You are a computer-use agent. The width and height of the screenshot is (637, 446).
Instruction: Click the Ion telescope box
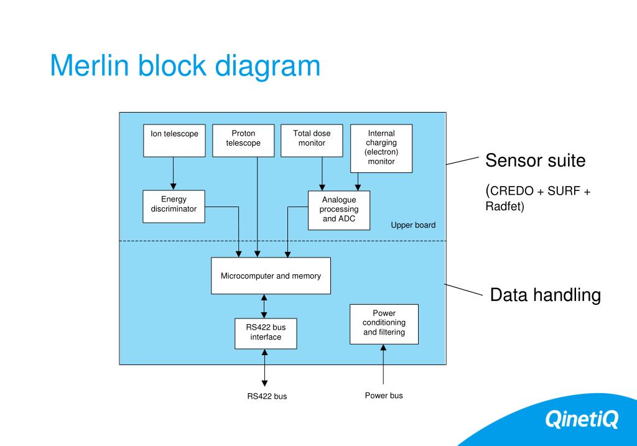pyautogui.click(x=174, y=141)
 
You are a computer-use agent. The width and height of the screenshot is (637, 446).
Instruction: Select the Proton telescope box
pyautogui.click(x=243, y=141)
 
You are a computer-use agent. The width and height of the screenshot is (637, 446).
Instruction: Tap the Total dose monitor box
pyautogui.click(x=312, y=141)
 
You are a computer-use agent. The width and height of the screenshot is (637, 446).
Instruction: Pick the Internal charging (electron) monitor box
pyautogui.click(x=381, y=149)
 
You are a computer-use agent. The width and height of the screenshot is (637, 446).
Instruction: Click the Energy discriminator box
pyautogui.click(x=174, y=207)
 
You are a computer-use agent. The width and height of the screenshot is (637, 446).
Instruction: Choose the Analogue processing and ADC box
pyautogui.click(x=339, y=210)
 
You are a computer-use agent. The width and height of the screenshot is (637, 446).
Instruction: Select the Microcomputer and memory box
pyautogui.click(x=271, y=276)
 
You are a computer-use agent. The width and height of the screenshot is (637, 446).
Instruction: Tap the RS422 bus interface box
pyautogui.click(x=266, y=333)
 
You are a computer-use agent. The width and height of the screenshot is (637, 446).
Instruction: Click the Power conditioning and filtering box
pyautogui.click(x=384, y=324)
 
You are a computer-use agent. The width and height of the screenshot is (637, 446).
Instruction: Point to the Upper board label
pyautogui.click(x=413, y=225)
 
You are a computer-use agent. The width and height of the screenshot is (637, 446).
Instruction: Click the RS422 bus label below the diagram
pyautogui.click(x=267, y=396)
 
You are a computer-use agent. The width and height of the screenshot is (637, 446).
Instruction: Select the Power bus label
pyautogui.click(x=384, y=395)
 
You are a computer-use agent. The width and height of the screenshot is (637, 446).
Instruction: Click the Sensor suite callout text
pyautogui.click(x=536, y=160)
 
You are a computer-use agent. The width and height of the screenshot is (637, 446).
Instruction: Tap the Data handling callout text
pyautogui.click(x=545, y=295)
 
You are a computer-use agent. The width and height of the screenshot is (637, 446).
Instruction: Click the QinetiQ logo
pyautogui.click(x=582, y=419)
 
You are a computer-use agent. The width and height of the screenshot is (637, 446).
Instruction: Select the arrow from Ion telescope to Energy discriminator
pyautogui.click(x=173, y=174)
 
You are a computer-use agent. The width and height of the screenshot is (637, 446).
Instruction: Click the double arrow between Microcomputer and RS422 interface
pyautogui.click(x=264, y=306)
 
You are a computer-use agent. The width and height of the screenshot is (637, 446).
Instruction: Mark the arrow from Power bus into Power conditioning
pyautogui.click(x=383, y=365)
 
